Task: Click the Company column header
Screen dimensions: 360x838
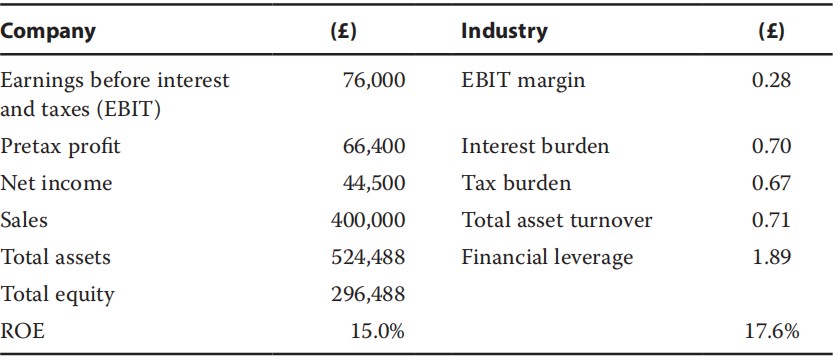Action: pyautogui.click(x=49, y=31)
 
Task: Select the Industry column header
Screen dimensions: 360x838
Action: pyautogui.click(x=504, y=31)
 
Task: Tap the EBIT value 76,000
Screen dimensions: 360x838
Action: pyautogui.click(x=373, y=80)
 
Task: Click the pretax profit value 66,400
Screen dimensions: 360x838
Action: pyautogui.click(x=373, y=147)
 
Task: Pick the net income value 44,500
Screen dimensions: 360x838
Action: pyautogui.click(x=373, y=183)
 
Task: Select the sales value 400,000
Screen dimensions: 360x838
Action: pyautogui.click(x=368, y=220)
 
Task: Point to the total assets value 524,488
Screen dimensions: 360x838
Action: pyautogui.click(x=368, y=257)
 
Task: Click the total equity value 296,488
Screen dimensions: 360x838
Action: pyautogui.click(x=368, y=294)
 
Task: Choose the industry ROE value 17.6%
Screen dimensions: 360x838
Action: pyautogui.click(x=771, y=331)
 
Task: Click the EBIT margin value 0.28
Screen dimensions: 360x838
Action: pyautogui.click(x=771, y=80)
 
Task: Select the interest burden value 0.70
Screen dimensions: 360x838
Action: pyautogui.click(x=771, y=147)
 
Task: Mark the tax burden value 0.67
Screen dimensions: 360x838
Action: pyautogui.click(x=771, y=183)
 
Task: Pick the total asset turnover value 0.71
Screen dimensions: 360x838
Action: pyautogui.click(x=771, y=220)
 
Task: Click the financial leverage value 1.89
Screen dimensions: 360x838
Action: pyautogui.click(x=771, y=257)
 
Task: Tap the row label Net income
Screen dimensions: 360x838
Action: pyautogui.click(x=57, y=183)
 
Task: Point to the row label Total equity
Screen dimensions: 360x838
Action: pyautogui.click(x=58, y=294)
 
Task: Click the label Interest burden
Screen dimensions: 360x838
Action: pyautogui.click(x=535, y=147)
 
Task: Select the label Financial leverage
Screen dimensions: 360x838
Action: pyautogui.click(x=547, y=257)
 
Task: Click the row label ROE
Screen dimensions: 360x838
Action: pyautogui.click(x=23, y=331)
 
